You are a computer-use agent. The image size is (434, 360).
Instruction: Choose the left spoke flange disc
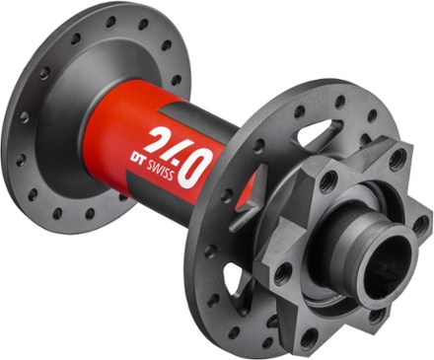point(59,108)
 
